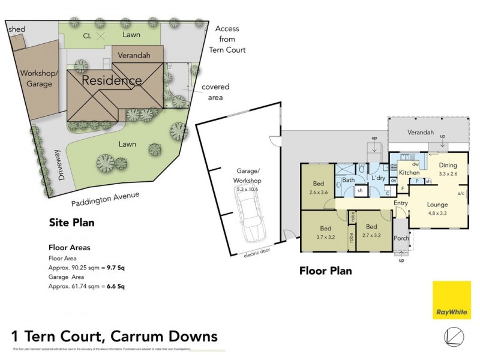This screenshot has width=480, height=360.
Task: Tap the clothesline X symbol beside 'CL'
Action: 101,36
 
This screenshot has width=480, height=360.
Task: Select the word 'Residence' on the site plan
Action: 112,80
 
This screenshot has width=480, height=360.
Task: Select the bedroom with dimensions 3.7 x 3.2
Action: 326,232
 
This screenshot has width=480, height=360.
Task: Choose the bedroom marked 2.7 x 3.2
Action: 372,231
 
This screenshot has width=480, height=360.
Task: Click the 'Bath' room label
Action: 349,179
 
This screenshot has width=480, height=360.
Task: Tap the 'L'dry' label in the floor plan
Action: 378,179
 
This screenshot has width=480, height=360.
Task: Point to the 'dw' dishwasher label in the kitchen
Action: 415,164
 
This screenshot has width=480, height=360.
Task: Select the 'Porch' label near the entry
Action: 401,238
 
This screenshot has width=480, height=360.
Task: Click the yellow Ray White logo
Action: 451,300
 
